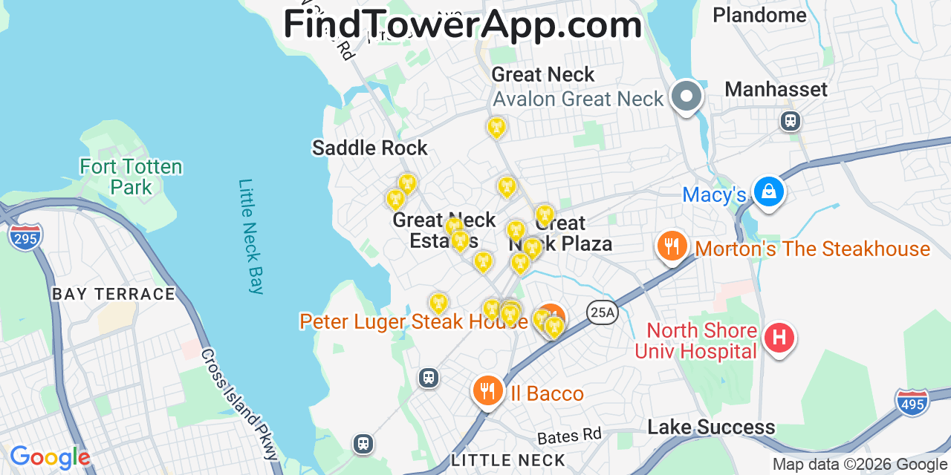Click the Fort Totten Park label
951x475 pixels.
[x=131, y=177]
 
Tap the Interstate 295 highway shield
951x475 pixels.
[x=25, y=237]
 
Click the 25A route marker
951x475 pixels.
[x=602, y=313]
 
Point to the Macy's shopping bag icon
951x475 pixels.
[x=768, y=191]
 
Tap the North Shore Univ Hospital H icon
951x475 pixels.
[x=779, y=338]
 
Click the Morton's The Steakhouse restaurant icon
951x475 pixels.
[x=672, y=246]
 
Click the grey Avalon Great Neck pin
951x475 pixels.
[x=687, y=96]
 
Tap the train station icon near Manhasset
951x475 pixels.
[x=791, y=120]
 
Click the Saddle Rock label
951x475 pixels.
[x=369, y=148]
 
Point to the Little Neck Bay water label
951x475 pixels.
[x=251, y=236]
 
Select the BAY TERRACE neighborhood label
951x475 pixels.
[x=114, y=294]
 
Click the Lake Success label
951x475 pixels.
[x=711, y=427]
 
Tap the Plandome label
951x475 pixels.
[x=759, y=15]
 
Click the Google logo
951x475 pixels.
[x=49, y=457]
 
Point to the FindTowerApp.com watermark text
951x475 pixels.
[x=462, y=24]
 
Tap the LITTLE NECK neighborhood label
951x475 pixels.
[x=508, y=460]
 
